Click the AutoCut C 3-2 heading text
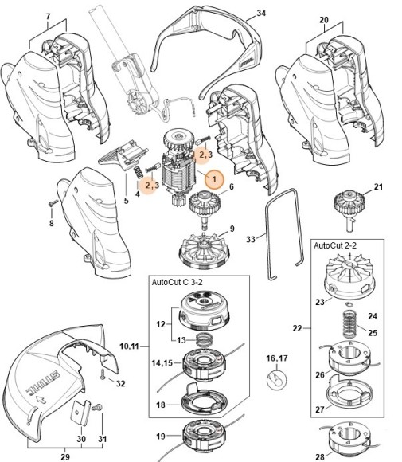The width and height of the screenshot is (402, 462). click(x=181, y=283)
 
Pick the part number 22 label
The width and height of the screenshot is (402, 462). click(x=298, y=327)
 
